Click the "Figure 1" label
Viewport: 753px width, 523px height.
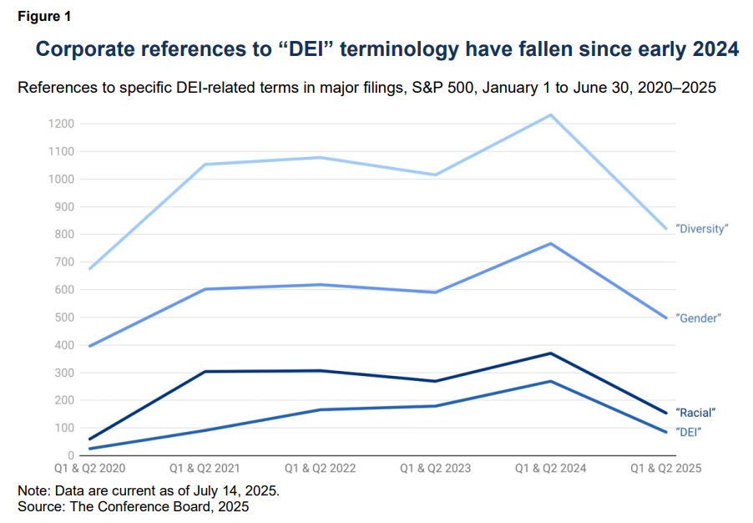[x=44, y=17]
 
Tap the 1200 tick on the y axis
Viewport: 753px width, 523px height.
[x=62, y=124]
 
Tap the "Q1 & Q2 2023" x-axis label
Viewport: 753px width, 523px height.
[x=435, y=469]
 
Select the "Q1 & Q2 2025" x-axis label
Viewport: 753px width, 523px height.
[x=666, y=469]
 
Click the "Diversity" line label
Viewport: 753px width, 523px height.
[x=701, y=229]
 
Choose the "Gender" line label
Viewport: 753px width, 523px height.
[x=698, y=318]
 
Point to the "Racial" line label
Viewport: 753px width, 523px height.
[x=695, y=412]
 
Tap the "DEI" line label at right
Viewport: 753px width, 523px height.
[x=688, y=432]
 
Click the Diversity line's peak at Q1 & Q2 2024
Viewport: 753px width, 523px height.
[x=551, y=115]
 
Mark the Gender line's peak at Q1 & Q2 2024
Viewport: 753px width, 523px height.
[x=551, y=243]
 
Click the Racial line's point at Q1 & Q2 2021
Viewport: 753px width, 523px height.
[x=205, y=372]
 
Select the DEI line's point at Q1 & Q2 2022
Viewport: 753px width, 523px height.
[x=321, y=409]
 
